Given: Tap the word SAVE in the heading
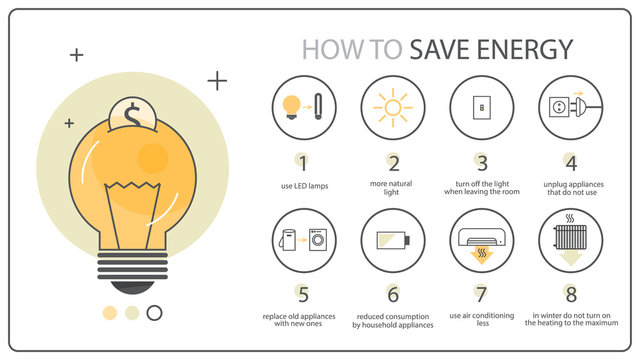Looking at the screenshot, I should [441, 49].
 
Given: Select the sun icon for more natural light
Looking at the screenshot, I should [393, 107].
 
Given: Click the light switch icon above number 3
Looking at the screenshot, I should [481, 107].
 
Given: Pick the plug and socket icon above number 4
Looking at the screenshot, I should [570, 107].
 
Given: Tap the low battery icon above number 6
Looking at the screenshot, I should [392, 240].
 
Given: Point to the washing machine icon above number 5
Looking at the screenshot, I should [317, 241].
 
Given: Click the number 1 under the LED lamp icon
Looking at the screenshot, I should [304, 162].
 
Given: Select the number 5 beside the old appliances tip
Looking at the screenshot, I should [304, 294].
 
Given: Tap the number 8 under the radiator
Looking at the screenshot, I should [570, 294].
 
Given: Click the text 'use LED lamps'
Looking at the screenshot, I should [304, 186].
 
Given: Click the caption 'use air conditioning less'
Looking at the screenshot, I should [481, 320].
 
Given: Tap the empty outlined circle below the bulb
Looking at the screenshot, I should [154, 313].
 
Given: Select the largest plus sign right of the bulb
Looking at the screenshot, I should [217, 80].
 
